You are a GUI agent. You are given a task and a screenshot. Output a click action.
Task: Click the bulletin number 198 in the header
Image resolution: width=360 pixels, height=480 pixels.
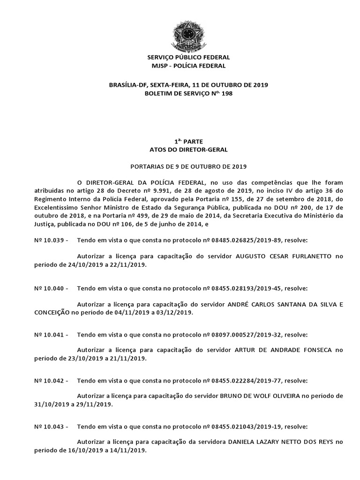[x=227, y=94]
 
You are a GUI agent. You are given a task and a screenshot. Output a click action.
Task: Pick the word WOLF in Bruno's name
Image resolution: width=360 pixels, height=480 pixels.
[x=268, y=396]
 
